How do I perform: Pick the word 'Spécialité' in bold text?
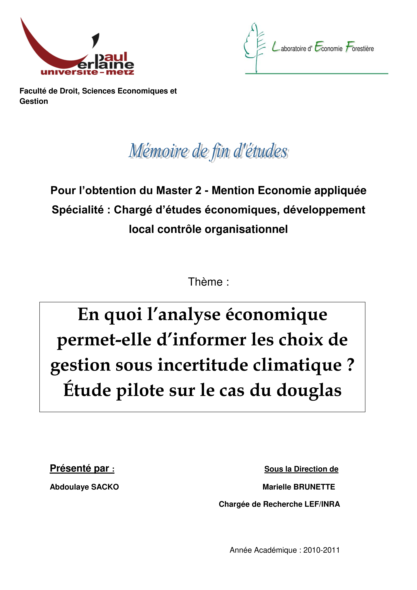pos(78,210)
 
